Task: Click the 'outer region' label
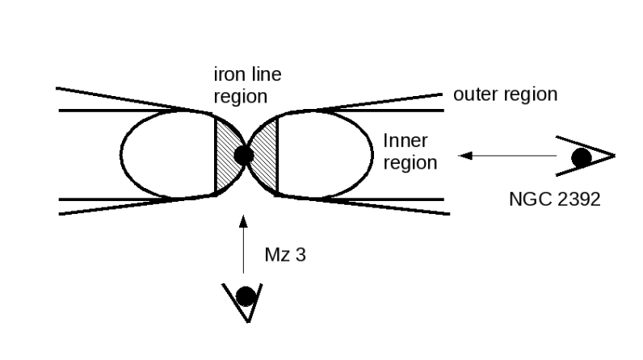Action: [505, 94]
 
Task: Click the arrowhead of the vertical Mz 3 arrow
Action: [243, 220]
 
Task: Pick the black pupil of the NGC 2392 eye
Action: [580, 158]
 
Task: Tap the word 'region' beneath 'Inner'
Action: [410, 162]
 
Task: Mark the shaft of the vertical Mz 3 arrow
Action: [243, 250]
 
